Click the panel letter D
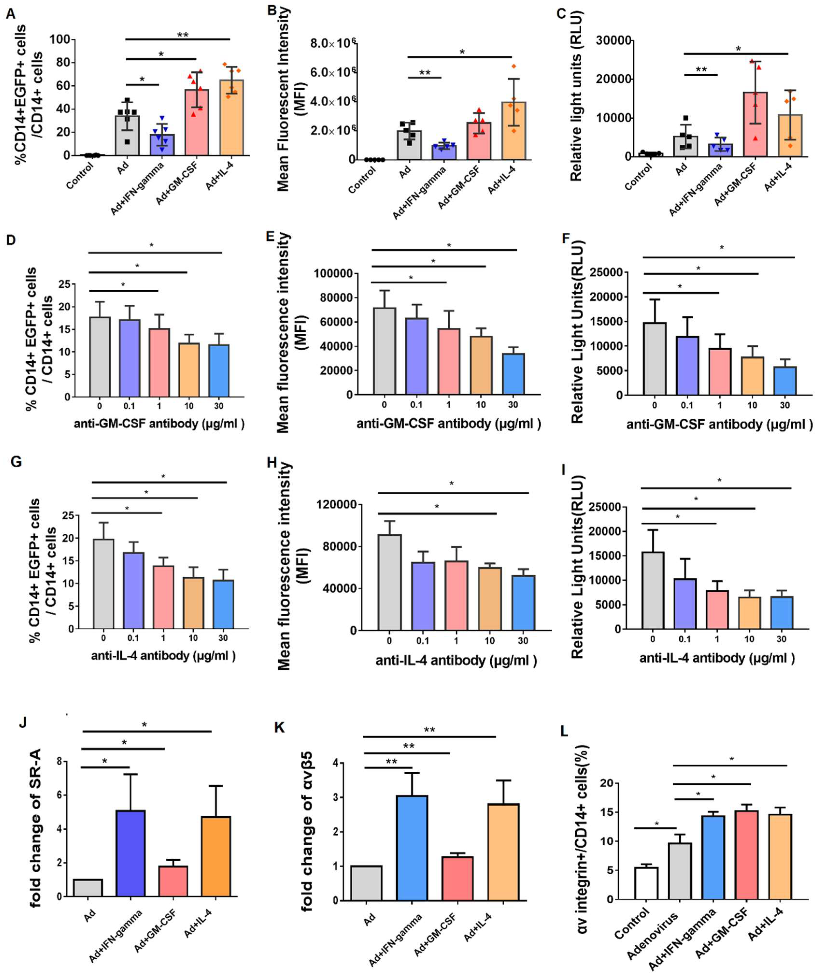(10, 240)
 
